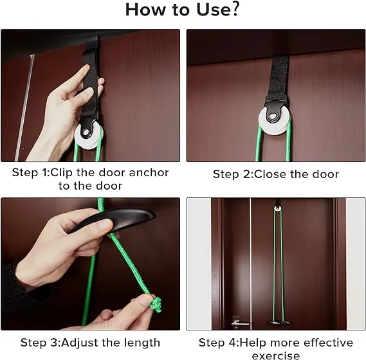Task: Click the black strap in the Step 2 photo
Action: click(280, 77)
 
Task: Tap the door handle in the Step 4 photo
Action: click(237, 319)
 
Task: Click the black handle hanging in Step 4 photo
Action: click(279, 321)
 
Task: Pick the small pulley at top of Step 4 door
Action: click(279, 208)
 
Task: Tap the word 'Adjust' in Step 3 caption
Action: click(84, 342)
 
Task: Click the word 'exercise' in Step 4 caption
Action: click(275, 355)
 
